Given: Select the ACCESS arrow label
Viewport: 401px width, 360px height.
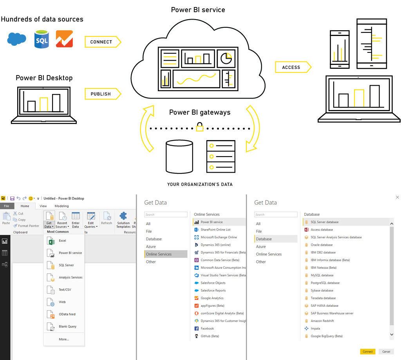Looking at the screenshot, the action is tap(293, 67).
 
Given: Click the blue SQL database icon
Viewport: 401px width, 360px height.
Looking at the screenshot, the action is tap(42, 39).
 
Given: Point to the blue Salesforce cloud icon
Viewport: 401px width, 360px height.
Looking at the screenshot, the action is tap(16, 39).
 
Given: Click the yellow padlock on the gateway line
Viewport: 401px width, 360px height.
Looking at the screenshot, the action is tap(200, 127).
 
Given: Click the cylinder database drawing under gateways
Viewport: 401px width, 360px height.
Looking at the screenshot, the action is tap(179, 157).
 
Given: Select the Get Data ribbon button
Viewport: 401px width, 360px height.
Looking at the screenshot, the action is tap(49, 220).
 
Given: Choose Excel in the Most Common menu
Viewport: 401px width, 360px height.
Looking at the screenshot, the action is tap(62, 241).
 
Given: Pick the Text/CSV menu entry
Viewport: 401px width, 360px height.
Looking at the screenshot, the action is tap(65, 290).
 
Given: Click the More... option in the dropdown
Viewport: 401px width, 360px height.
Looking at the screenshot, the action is tap(64, 339).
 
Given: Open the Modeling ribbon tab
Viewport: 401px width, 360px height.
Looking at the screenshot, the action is tap(61, 206).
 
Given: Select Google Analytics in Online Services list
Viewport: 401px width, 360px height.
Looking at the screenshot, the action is tap(212, 298).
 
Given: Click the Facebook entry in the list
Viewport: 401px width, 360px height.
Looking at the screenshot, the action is tap(207, 329).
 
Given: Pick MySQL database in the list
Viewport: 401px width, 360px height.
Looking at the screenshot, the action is tap(322, 275).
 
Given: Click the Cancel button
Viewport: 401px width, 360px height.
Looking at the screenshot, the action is tap(386, 351).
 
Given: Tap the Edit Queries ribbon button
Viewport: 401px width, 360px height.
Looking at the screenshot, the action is tap(91, 220).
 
